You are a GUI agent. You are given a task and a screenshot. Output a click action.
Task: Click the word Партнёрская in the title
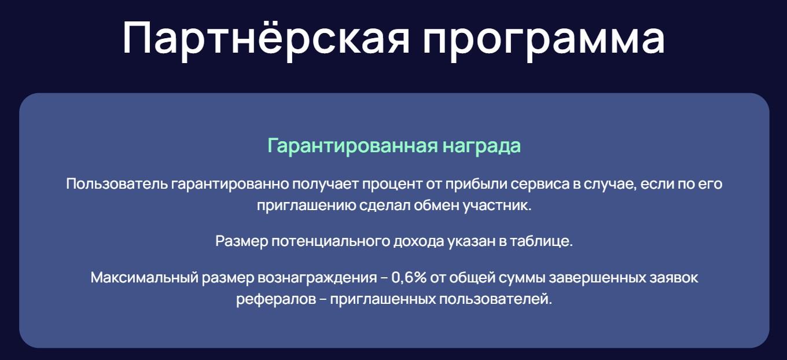tap(266, 38)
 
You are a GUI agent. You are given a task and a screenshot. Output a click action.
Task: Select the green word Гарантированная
tap(352, 146)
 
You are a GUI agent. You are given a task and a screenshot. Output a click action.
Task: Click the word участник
tap(497, 205)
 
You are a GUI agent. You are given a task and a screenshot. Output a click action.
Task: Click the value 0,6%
tap(409, 278)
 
